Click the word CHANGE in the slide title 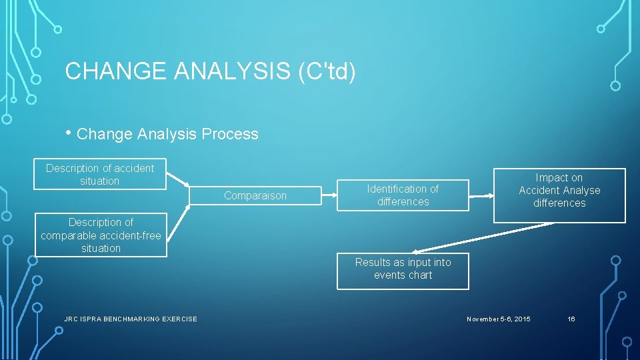pyautogui.click(x=114, y=71)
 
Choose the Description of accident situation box pyautogui.click(x=100, y=175)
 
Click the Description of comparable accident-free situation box pyautogui.click(x=101, y=235)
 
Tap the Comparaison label pyautogui.click(x=255, y=195)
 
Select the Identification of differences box pyautogui.click(x=403, y=195)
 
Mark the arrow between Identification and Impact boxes pyautogui.click(x=481, y=196)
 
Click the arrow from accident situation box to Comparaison pyautogui.click(x=177, y=180)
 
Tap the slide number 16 pyautogui.click(x=571, y=319)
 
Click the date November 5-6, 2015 pyautogui.click(x=499, y=319)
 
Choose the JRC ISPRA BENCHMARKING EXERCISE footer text pyautogui.click(x=131, y=319)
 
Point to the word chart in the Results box pyautogui.click(x=421, y=275)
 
